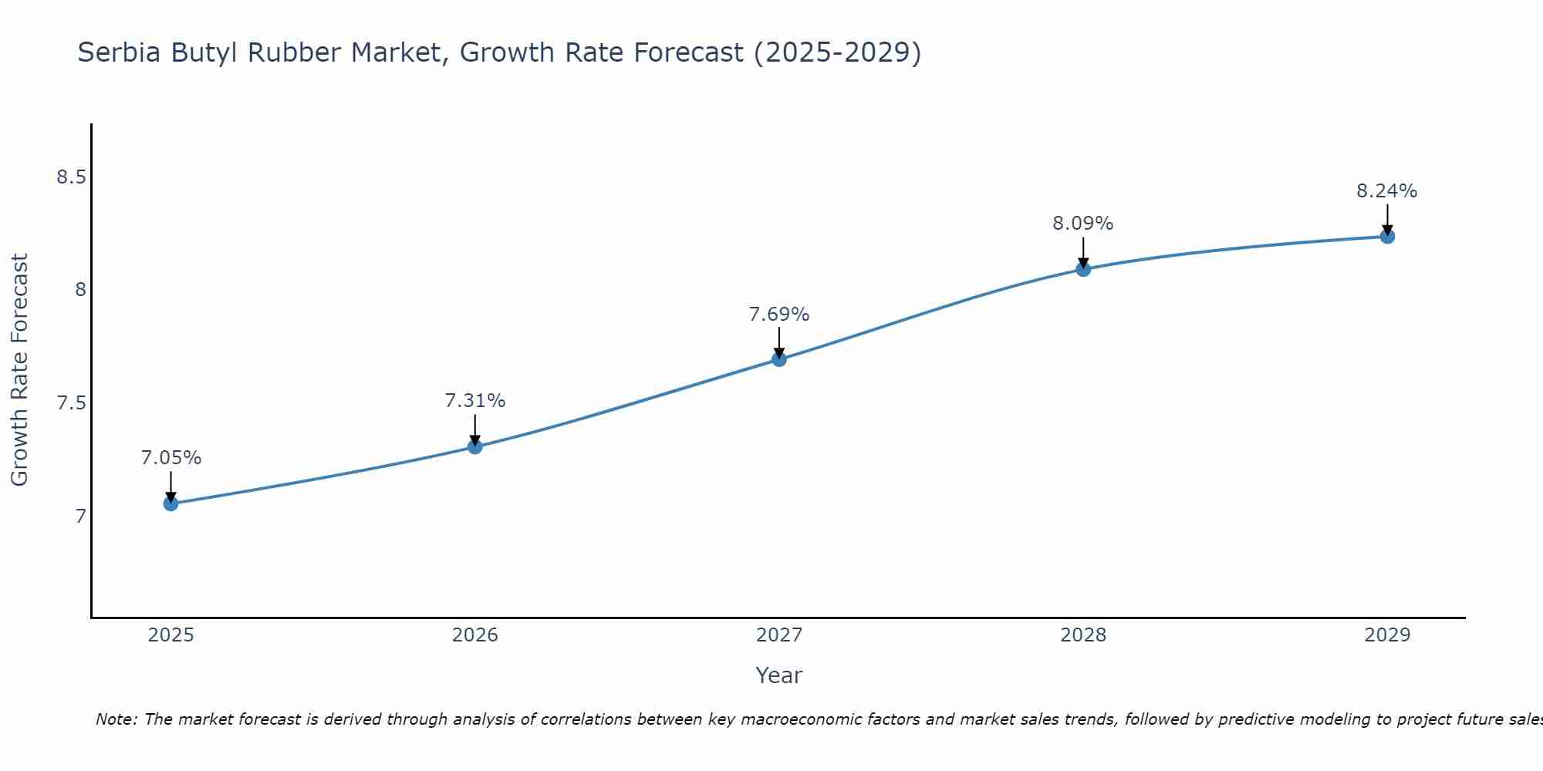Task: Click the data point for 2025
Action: (171, 503)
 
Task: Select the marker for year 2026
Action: (475, 446)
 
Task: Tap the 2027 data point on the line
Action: (779, 359)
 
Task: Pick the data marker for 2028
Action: (1083, 269)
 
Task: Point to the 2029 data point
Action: (1387, 236)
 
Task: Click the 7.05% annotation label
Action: (171, 458)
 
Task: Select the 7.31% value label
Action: (475, 401)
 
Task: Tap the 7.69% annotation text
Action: (779, 315)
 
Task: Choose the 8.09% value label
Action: (1083, 224)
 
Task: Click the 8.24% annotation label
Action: (1387, 191)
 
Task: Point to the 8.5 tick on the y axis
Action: (71, 177)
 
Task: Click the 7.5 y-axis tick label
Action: (71, 403)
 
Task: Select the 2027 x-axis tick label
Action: (779, 635)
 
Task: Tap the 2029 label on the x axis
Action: (1387, 635)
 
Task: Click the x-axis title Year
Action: (779, 675)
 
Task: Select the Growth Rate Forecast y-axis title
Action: (20, 370)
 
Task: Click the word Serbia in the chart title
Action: (120, 52)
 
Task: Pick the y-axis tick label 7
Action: (80, 516)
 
